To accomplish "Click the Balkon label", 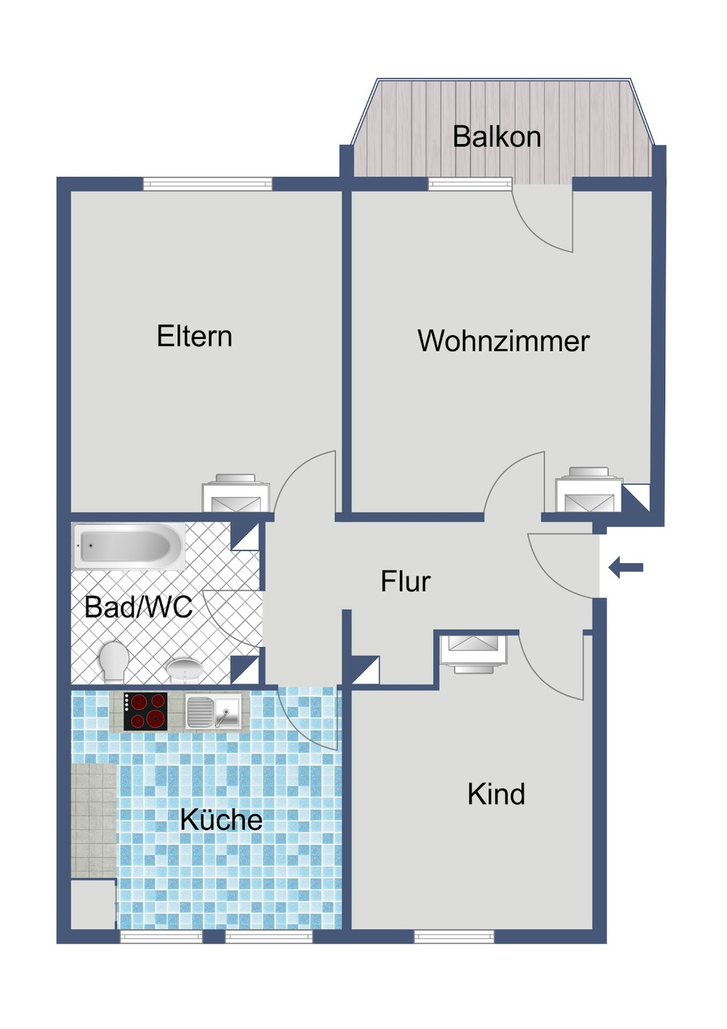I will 497,137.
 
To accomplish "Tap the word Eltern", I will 194,337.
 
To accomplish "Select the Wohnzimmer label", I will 503,341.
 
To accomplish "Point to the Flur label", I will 405,582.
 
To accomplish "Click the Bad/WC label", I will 138,607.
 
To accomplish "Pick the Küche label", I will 221,820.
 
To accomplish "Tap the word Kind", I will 496,794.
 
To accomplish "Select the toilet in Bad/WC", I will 113,661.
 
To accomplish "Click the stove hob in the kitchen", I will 145,710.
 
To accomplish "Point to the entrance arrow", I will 626,567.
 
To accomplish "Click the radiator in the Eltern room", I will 236,494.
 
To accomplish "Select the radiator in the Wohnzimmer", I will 589,491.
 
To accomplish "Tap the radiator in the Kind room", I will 473,652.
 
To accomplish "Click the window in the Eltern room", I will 207,184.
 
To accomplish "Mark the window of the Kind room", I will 454,937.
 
